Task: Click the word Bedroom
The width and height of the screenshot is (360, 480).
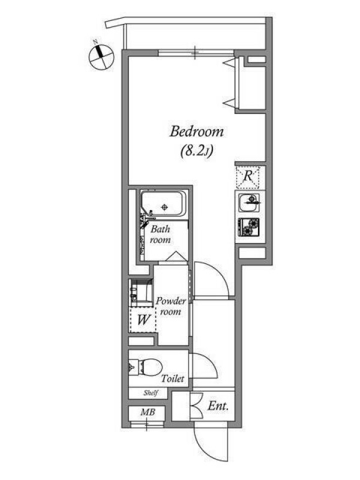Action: (197, 132)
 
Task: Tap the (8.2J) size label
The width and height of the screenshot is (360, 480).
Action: (197, 151)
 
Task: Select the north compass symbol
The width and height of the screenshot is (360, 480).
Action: (101, 56)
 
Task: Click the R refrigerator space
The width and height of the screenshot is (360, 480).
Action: (248, 176)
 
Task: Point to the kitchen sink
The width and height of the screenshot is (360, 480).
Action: (249, 203)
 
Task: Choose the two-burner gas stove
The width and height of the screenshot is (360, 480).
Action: (249, 227)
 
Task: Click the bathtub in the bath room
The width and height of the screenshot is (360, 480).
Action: (163, 204)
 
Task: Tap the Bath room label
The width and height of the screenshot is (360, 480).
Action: (160, 234)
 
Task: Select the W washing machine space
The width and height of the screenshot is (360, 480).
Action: (143, 320)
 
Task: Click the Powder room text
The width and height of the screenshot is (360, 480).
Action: (170, 307)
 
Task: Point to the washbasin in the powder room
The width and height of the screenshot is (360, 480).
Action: (141, 293)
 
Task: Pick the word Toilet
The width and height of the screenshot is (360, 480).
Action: (173, 379)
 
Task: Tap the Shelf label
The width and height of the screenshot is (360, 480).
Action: (151, 393)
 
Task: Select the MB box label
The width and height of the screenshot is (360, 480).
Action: (148, 412)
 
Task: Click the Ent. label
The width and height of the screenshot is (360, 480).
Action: (218, 406)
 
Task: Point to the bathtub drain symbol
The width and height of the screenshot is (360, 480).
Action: (165, 207)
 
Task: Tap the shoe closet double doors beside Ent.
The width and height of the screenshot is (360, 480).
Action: (196, 406)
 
